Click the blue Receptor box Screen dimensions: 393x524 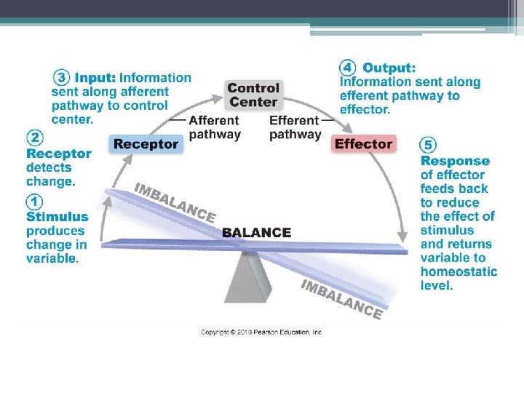tap(146, 144)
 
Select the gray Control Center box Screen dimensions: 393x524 tap(253, 95)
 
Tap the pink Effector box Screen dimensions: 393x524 tap(364, 144)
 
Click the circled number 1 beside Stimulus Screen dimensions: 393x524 tap(34, 202)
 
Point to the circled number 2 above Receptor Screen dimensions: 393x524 tap(34, 138)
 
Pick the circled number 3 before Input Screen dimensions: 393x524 tap(63, 77)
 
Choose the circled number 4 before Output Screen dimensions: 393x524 tap(349, 68)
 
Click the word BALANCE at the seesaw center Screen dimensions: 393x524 tap(256, 233)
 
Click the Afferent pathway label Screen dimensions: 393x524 tap(215, 127)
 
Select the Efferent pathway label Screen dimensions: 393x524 tap(295, 127)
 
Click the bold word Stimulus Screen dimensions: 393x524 tap(57, 217)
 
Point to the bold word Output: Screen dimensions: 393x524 tap(389, 68)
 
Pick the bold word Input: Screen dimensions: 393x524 tap(95, 77)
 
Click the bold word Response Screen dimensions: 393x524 tap(455, 161)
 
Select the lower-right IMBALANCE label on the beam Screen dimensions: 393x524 tap(342, 299)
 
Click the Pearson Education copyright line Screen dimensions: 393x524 tap(261, 332)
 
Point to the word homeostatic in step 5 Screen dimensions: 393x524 tap(458, 271)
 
